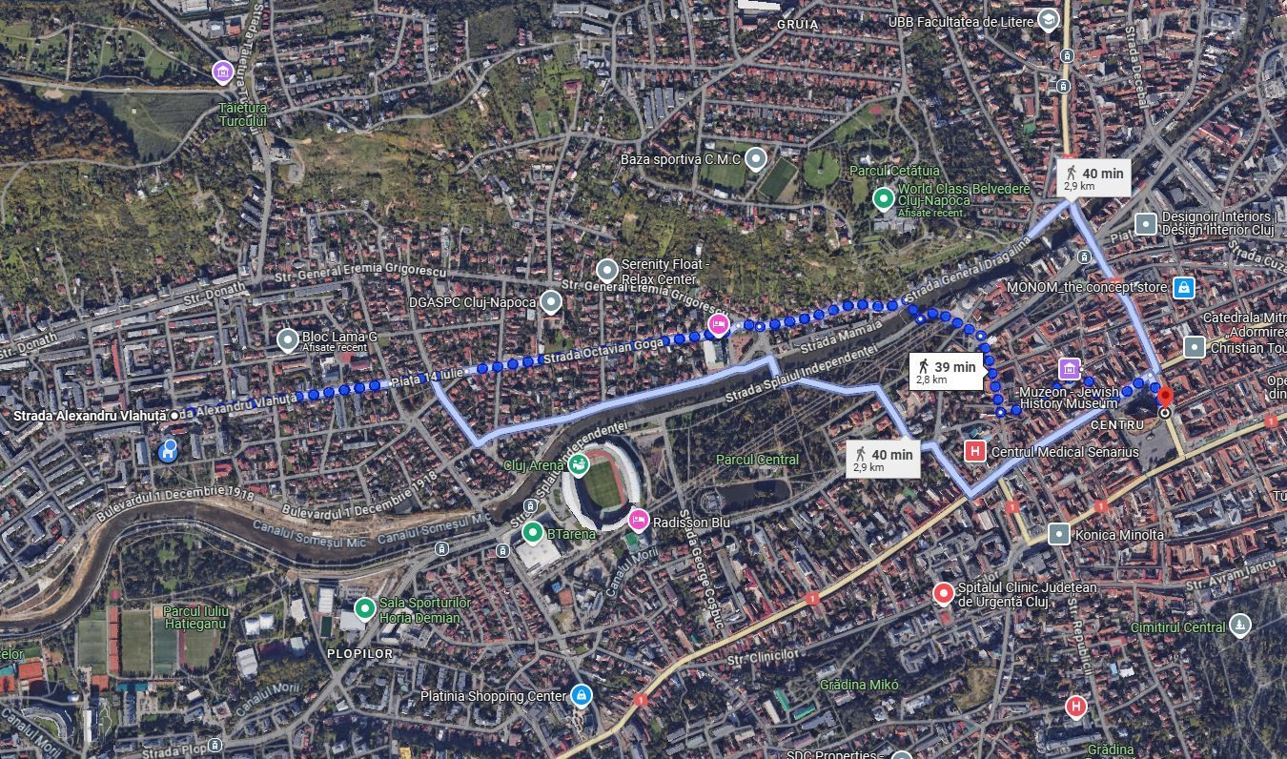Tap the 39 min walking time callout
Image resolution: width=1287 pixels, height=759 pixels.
(945, 372)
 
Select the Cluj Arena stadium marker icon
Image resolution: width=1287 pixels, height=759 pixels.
(577, 464)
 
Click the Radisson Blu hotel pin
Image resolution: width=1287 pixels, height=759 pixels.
(639, 520)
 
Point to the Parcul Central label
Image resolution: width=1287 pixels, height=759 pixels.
(758, 460)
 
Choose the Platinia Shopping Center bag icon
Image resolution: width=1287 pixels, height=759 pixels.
(580, 695)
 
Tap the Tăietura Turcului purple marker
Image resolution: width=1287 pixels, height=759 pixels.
(223, 72)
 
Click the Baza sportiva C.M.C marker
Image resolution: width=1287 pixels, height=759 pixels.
(755, 158)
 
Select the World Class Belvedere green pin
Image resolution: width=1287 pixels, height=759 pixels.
(883, 198)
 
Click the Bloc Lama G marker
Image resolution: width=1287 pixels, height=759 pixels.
(287, 339)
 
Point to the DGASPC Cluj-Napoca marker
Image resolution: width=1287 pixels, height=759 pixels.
(550, 302)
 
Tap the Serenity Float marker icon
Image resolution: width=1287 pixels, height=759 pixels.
(606, 271)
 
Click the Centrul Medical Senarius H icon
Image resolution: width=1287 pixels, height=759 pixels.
(974, 451)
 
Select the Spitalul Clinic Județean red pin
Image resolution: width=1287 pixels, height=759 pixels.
(943, 594)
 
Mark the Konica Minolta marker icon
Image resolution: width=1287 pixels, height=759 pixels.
(1058, 534)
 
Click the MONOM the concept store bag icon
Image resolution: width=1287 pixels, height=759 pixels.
(1183, 287)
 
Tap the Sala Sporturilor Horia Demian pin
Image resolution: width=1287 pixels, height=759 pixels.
(364, 608)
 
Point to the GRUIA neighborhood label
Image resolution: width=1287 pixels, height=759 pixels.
(798, 24)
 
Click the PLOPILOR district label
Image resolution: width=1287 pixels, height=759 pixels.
(359, 653)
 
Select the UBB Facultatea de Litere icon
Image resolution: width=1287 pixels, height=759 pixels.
(1048, 19)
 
